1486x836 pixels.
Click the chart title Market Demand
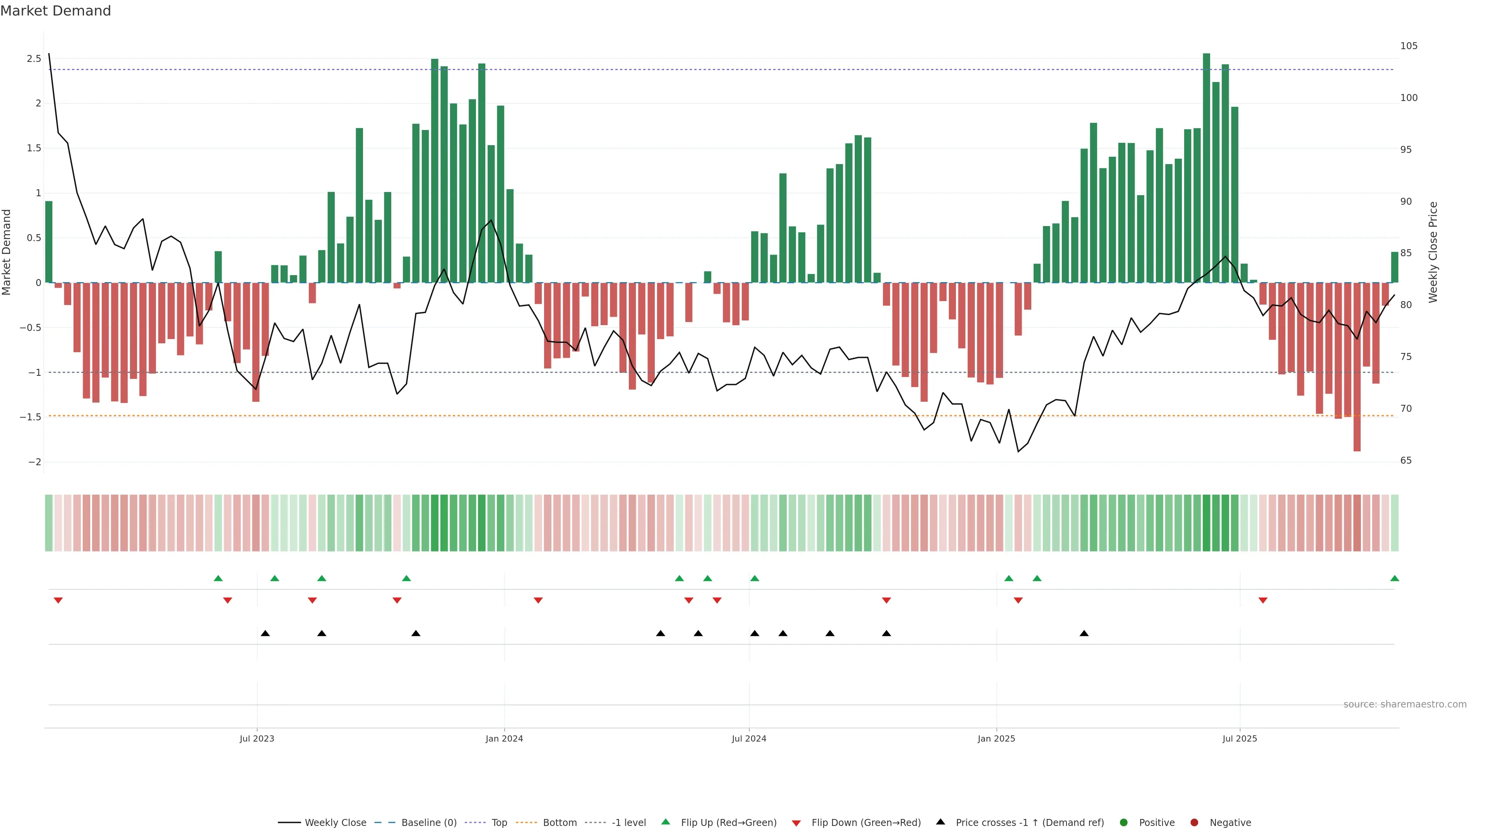[55, 11]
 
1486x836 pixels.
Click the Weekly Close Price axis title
[1433, 252]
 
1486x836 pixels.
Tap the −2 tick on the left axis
[34, 462]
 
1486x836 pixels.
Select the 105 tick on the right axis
[1409, 46]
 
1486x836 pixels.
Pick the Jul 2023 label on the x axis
[257, 738]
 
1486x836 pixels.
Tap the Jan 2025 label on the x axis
[996, 738]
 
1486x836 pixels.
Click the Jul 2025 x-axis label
[1239, 738]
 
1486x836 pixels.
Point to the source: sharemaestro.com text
[1405, 704]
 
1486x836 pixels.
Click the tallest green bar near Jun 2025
[1206, 167]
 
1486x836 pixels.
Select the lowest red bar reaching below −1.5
[1357, 367]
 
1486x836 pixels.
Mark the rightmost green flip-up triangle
[1394, 578]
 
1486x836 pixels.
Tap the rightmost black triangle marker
[1084, 634]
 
